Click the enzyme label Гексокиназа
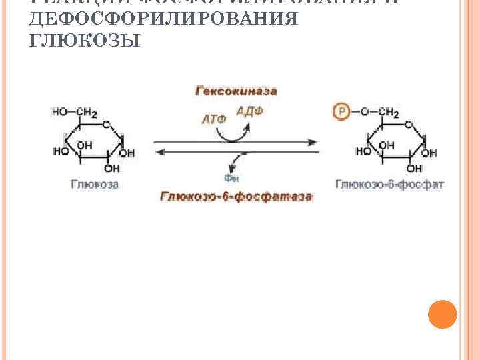pyautogui.click(x=236, y=91)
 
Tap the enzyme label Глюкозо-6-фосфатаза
pyautogui.click(x=237, y=197)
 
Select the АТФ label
pyautogui.click(x=213, y=120)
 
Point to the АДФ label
pyautogui.click(x=249, y=111)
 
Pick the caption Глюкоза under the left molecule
pyautogui.click(x=95, y=183)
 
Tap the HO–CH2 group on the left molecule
pyautogui.click(x=75, y=112)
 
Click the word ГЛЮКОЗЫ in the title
pyautogui.click(x=85, y=41)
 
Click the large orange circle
pyautogui.click(x=441, y=314)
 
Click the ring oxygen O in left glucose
pyautogui.click(x=106, y=124)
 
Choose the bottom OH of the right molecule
pyautogui.click(x=414, y=169)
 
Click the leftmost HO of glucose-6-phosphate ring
pyautogui.click(x=364, y=152)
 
